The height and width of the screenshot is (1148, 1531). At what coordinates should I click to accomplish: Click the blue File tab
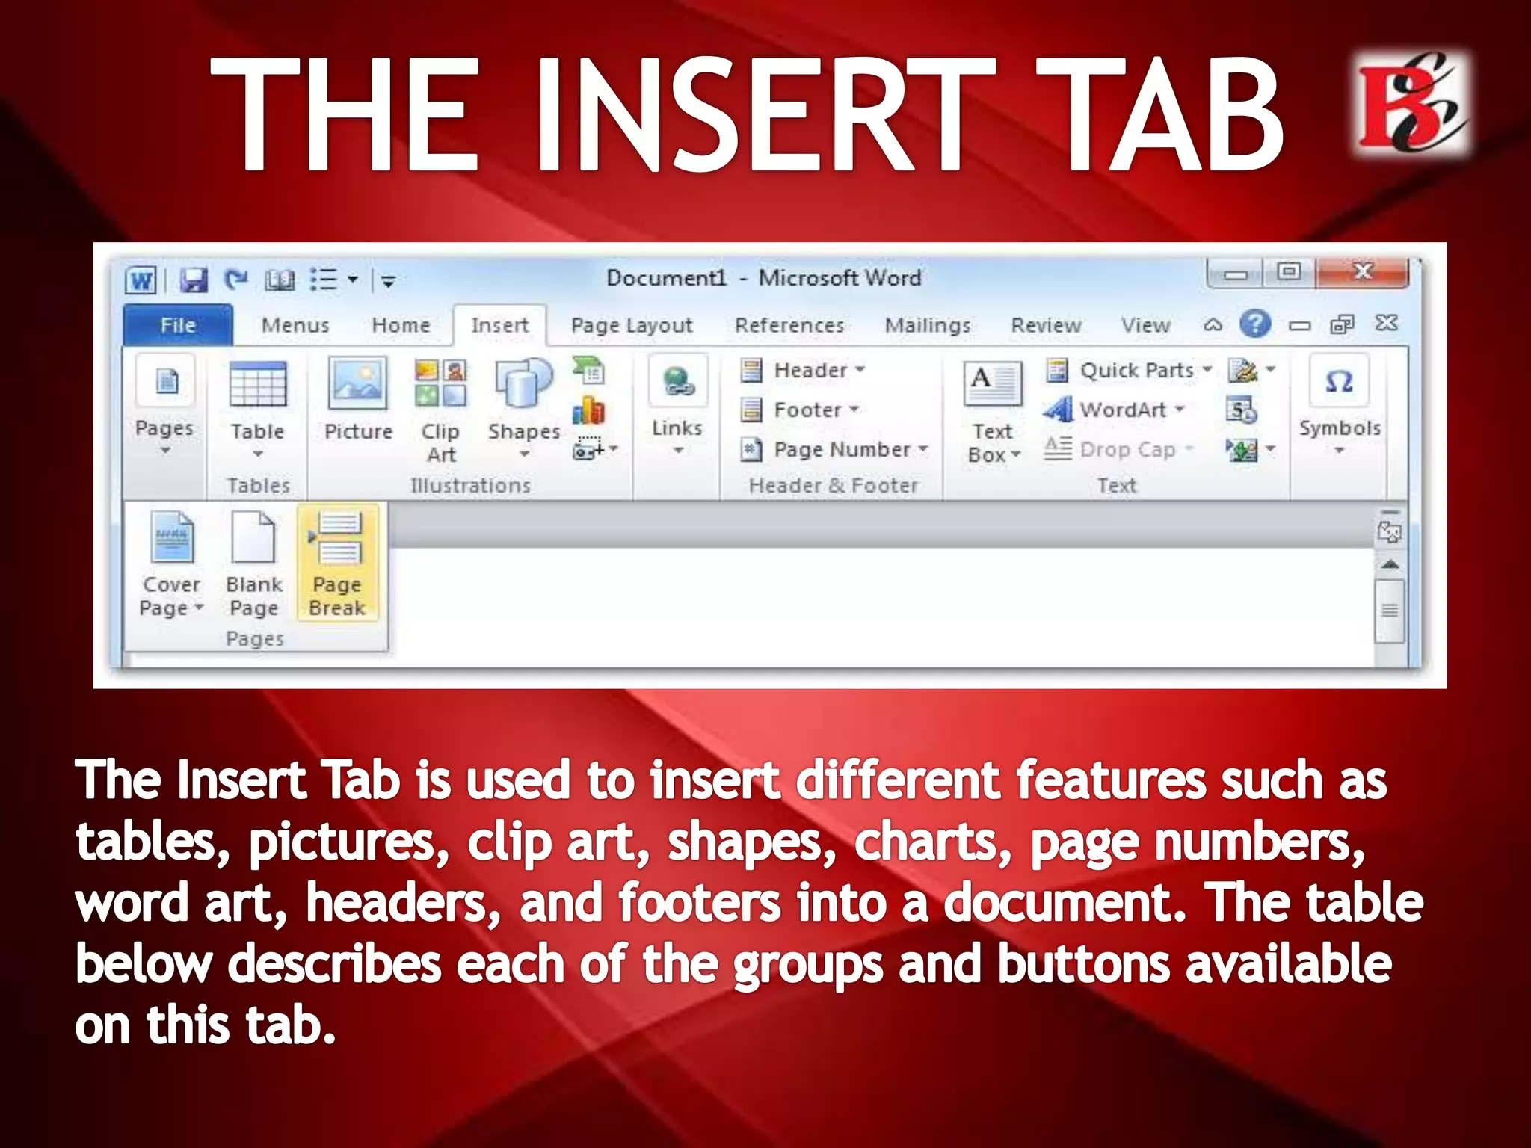pyautogui.click(x=178, y=325)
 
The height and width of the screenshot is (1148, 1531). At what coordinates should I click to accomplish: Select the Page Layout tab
pyautogui.click(x=632, y=325)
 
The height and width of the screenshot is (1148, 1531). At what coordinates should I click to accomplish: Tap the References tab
pyautogui.click(x=789, y=325)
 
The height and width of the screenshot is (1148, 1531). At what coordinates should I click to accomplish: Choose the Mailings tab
pyautogui.click(x=928, y=325)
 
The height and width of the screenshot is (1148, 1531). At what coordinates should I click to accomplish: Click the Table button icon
pyautogui.click(x=257, y=386)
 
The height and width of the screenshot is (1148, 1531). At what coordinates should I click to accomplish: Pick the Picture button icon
pyautogui.click(x=358, y=383)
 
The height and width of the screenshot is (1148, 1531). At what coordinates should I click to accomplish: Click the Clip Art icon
pyautogui.click(x=440, y=383)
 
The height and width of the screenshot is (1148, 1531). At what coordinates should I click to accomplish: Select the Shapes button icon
pyautogui.click(x=523, y=383)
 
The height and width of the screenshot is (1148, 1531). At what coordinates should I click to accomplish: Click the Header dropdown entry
pyautogui.click(x=810, y=370)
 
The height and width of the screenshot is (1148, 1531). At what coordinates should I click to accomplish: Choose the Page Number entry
pyautogui.click(x=842, y=449)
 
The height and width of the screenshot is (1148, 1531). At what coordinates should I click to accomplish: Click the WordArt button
pyautogui.click(x=1122, y=410)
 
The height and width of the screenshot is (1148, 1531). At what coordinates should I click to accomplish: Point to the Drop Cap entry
pyautogui.click(x=1127, y=449)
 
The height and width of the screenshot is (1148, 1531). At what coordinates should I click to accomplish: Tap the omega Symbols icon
pyautogui.click(x=1339, y=382)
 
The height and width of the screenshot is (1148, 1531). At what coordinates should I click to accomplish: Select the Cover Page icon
pyautogui.click(x=172, y=537)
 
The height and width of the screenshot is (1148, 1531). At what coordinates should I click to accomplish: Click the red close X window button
pyautogui.click(x=1362, y=272)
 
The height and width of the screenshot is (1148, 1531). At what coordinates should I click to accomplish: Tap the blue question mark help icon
pyautogui.click(x=1255, y=324)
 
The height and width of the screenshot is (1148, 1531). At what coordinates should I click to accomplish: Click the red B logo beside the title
pyautogui.click(x=1411, y=103)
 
